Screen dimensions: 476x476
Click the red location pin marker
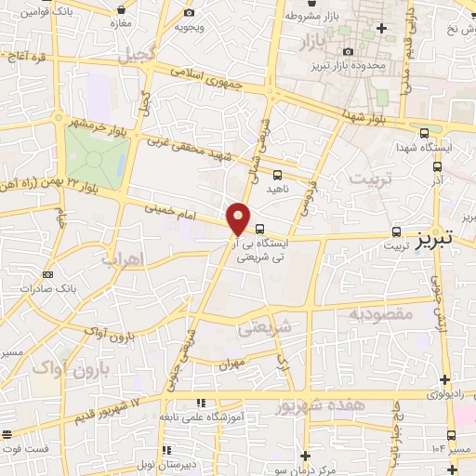point(239,218)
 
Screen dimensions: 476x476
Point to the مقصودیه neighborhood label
point(380,314)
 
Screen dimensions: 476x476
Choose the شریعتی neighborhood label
point(265,326)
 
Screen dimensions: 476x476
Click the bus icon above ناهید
point(278,173)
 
